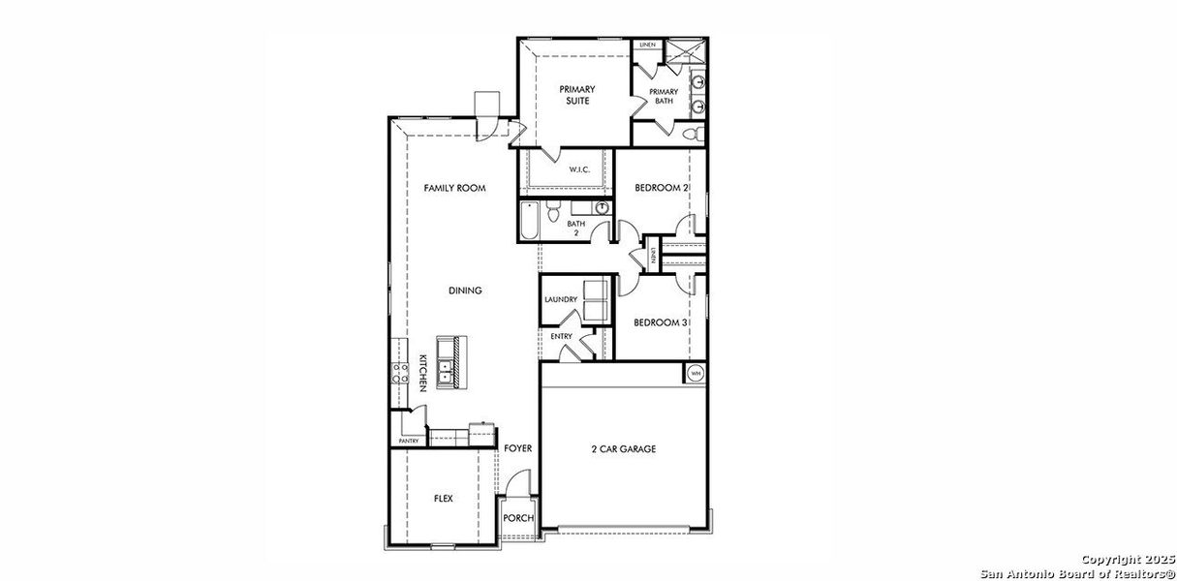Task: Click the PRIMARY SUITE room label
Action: coord(576,95)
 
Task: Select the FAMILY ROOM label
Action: coord(454,188)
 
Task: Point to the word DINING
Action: coord(465,290)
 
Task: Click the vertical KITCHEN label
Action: coord(423,373)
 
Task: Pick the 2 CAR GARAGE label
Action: coord(624,449)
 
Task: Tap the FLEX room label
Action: coord(443,499)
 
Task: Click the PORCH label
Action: coord(518,519)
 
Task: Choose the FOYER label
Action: coord(518,449)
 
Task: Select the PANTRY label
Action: coord(408,442)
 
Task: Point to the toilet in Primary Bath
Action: coord(691,134)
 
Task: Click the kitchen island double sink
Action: coord(448,367)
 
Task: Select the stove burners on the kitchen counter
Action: coord(399,373)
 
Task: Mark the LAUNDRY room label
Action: coord(561,300)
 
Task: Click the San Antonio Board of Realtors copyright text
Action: coord(1077,571)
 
